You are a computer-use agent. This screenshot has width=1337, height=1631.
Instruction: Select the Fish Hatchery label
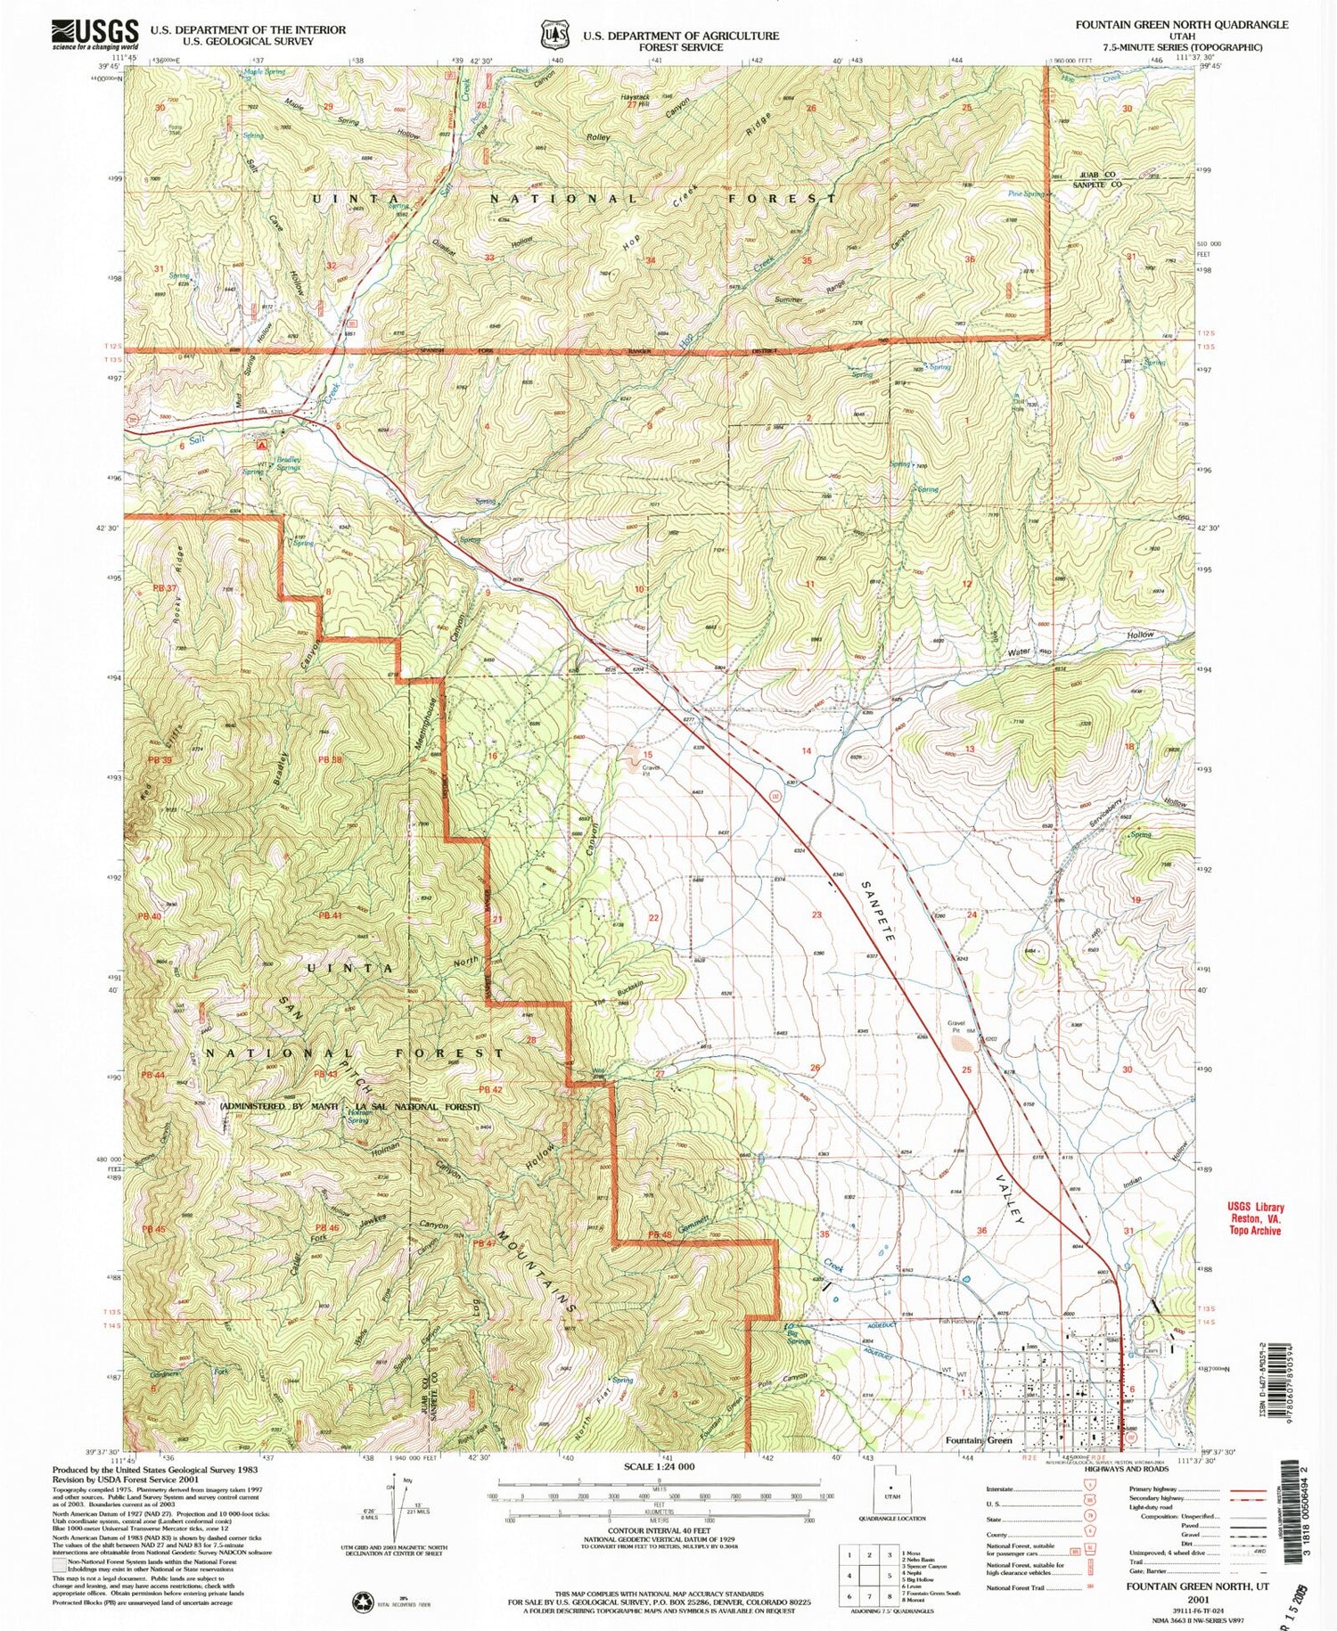click(958, 1322)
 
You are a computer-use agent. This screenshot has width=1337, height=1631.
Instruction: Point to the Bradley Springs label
click(288, 463)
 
